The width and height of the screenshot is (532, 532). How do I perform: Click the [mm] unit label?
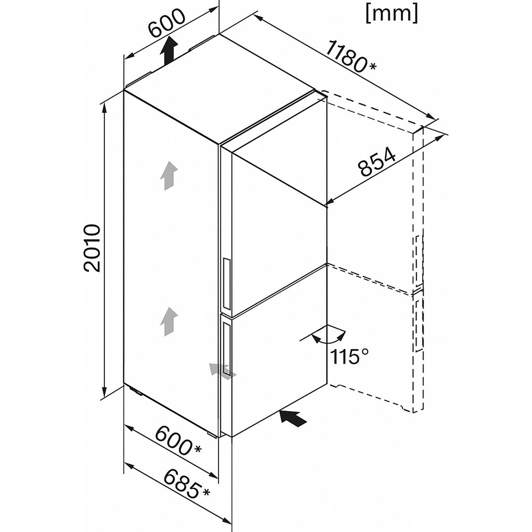click(392, 14)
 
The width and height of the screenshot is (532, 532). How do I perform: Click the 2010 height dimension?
click(92, 248)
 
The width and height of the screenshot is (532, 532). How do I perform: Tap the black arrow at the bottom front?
click(293, 418)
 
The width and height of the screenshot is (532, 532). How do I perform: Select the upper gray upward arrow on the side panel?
click(168, 176)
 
